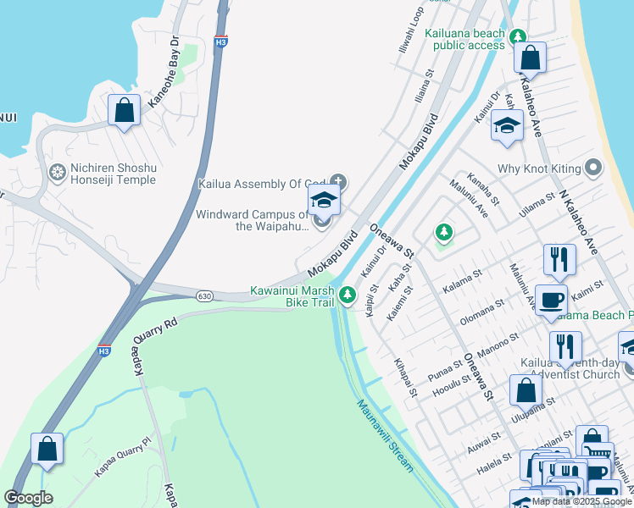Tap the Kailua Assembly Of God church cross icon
[x=338, y=180]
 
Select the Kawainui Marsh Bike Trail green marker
[x=347, y=295]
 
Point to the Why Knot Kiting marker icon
[x=593, y=168]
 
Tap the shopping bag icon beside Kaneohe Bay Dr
[x=125, y=109]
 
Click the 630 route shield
[x=203, y=295]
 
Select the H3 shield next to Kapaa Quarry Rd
[x=104, y=351]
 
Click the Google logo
[x=28, y=498]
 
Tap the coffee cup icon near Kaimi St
[x=552, y=299]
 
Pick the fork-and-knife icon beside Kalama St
[x=559, y=259]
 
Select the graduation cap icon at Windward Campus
[x=323, y=201]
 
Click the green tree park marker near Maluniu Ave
[x=442, y=231]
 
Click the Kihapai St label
[x=406, y=378]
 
